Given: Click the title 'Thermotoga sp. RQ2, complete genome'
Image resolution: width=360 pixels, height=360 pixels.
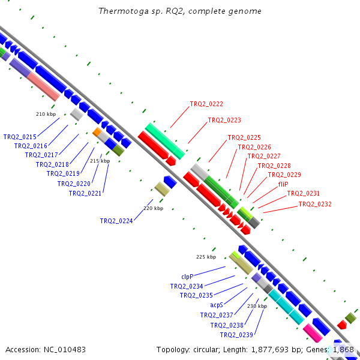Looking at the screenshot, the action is click(x=180, y=11).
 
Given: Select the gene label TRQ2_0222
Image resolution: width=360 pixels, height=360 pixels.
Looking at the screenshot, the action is click(x=206, y=104).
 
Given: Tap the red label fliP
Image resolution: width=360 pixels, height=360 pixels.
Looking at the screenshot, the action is click(x=283, y=184).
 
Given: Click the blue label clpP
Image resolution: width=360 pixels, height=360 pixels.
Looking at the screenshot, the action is click(x=187, y=277).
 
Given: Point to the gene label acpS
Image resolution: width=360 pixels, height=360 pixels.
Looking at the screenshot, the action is click(x=217, y=305).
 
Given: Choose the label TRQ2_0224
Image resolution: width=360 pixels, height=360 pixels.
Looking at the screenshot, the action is click(x=116, y=221).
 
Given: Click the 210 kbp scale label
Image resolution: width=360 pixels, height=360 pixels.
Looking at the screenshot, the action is click(x=46, y=114).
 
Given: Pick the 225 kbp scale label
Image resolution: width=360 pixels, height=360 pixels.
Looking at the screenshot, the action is click(x=206, y=257).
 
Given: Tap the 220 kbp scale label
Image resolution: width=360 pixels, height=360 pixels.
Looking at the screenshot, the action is click(x=154, y=208).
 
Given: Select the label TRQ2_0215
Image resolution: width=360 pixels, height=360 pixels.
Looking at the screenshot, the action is click(x=20, y=137).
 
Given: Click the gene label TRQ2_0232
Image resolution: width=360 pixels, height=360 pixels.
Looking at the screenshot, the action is click(x=315, y=204).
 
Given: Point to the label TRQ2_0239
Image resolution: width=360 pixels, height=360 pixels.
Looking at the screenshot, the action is click(x=236, y=335).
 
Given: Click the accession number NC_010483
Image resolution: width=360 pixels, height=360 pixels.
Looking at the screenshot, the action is click(x=65, y=350).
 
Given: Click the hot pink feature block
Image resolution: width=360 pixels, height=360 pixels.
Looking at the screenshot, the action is click(x=313, y=333).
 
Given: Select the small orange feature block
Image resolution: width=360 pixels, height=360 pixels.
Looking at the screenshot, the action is click(x=97, y=132).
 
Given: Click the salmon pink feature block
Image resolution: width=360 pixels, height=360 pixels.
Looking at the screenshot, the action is click(x=43, y=87).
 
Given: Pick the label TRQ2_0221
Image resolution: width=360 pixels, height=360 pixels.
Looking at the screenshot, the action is click(x=85, y=193).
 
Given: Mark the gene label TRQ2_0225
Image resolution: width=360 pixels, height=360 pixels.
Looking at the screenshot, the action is click(x=244, y=137).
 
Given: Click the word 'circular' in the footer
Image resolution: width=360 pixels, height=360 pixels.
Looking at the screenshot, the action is click(x=205, y=350).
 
